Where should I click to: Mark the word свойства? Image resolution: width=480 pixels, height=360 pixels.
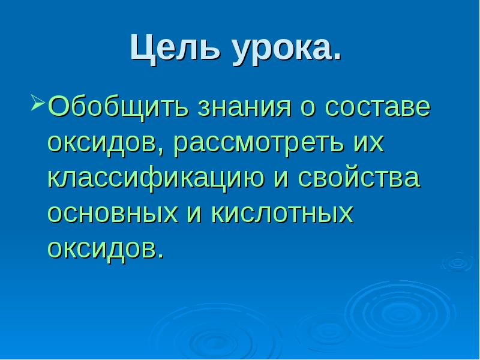[361, 179]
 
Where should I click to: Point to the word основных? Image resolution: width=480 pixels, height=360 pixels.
[112, 214]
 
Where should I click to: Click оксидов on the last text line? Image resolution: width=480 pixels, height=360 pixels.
[104, 248]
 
